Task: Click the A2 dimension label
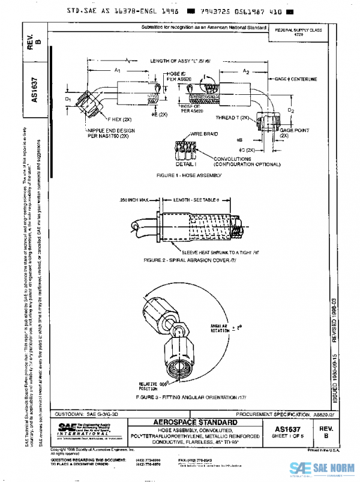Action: (x=245, y=71)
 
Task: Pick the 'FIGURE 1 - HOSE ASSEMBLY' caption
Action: (x=188, y=175)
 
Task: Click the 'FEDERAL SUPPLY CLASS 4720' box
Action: (x=298, y=31)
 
